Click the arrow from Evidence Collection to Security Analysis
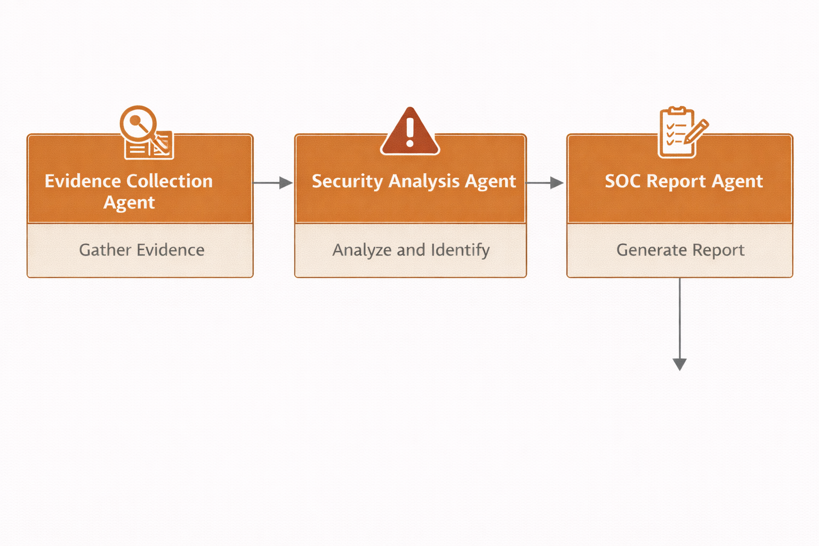tap(273, 183)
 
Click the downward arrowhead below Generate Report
tap(679, 364)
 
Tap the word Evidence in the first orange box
tap(83, 181)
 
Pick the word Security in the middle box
tap(347, 181)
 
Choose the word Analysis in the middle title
tap(424, 181)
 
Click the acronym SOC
tap(622, 181)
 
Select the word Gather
tap(105, 250)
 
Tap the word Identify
tap(460, 250)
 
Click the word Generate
tap(651, 250)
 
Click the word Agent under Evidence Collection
tap(129, 203)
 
